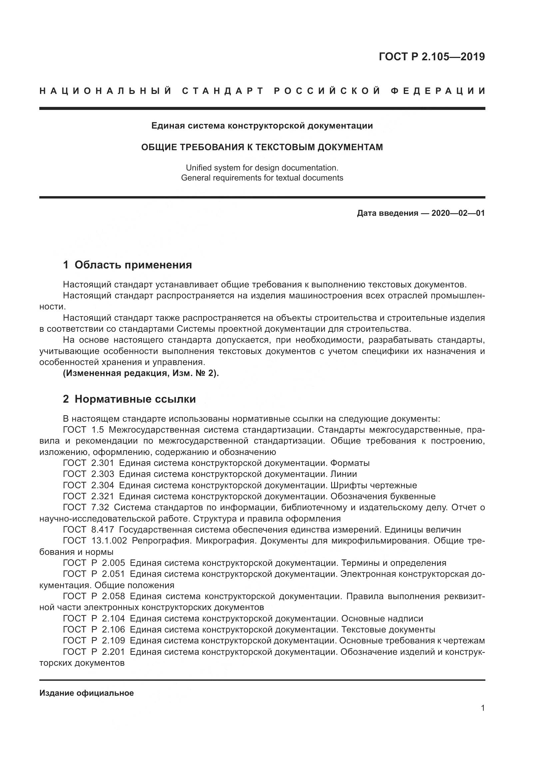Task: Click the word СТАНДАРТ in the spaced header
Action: [x=223, y=91]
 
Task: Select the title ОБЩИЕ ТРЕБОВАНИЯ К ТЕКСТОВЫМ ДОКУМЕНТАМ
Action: [x=262, y=147]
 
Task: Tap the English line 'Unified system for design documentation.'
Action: [x=262, y=168]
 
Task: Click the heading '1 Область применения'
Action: [x=128, y=265]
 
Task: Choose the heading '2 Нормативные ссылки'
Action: [x=129, y=399]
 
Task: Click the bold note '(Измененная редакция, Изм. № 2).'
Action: [x=141, y=373]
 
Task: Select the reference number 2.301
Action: [x=103, y=463]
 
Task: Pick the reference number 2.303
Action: [x=103, y=474]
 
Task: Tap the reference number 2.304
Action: [x=103, y=485]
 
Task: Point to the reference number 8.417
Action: [x=103, y=530]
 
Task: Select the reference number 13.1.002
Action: [x=109, y=541]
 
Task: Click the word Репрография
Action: [x=161, y=541]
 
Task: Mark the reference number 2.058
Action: [x=113, y=596]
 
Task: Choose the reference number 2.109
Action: [x=113, y=640]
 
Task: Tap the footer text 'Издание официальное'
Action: [x=87, y=693]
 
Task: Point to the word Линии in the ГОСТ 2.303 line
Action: [x=343, y=474]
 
